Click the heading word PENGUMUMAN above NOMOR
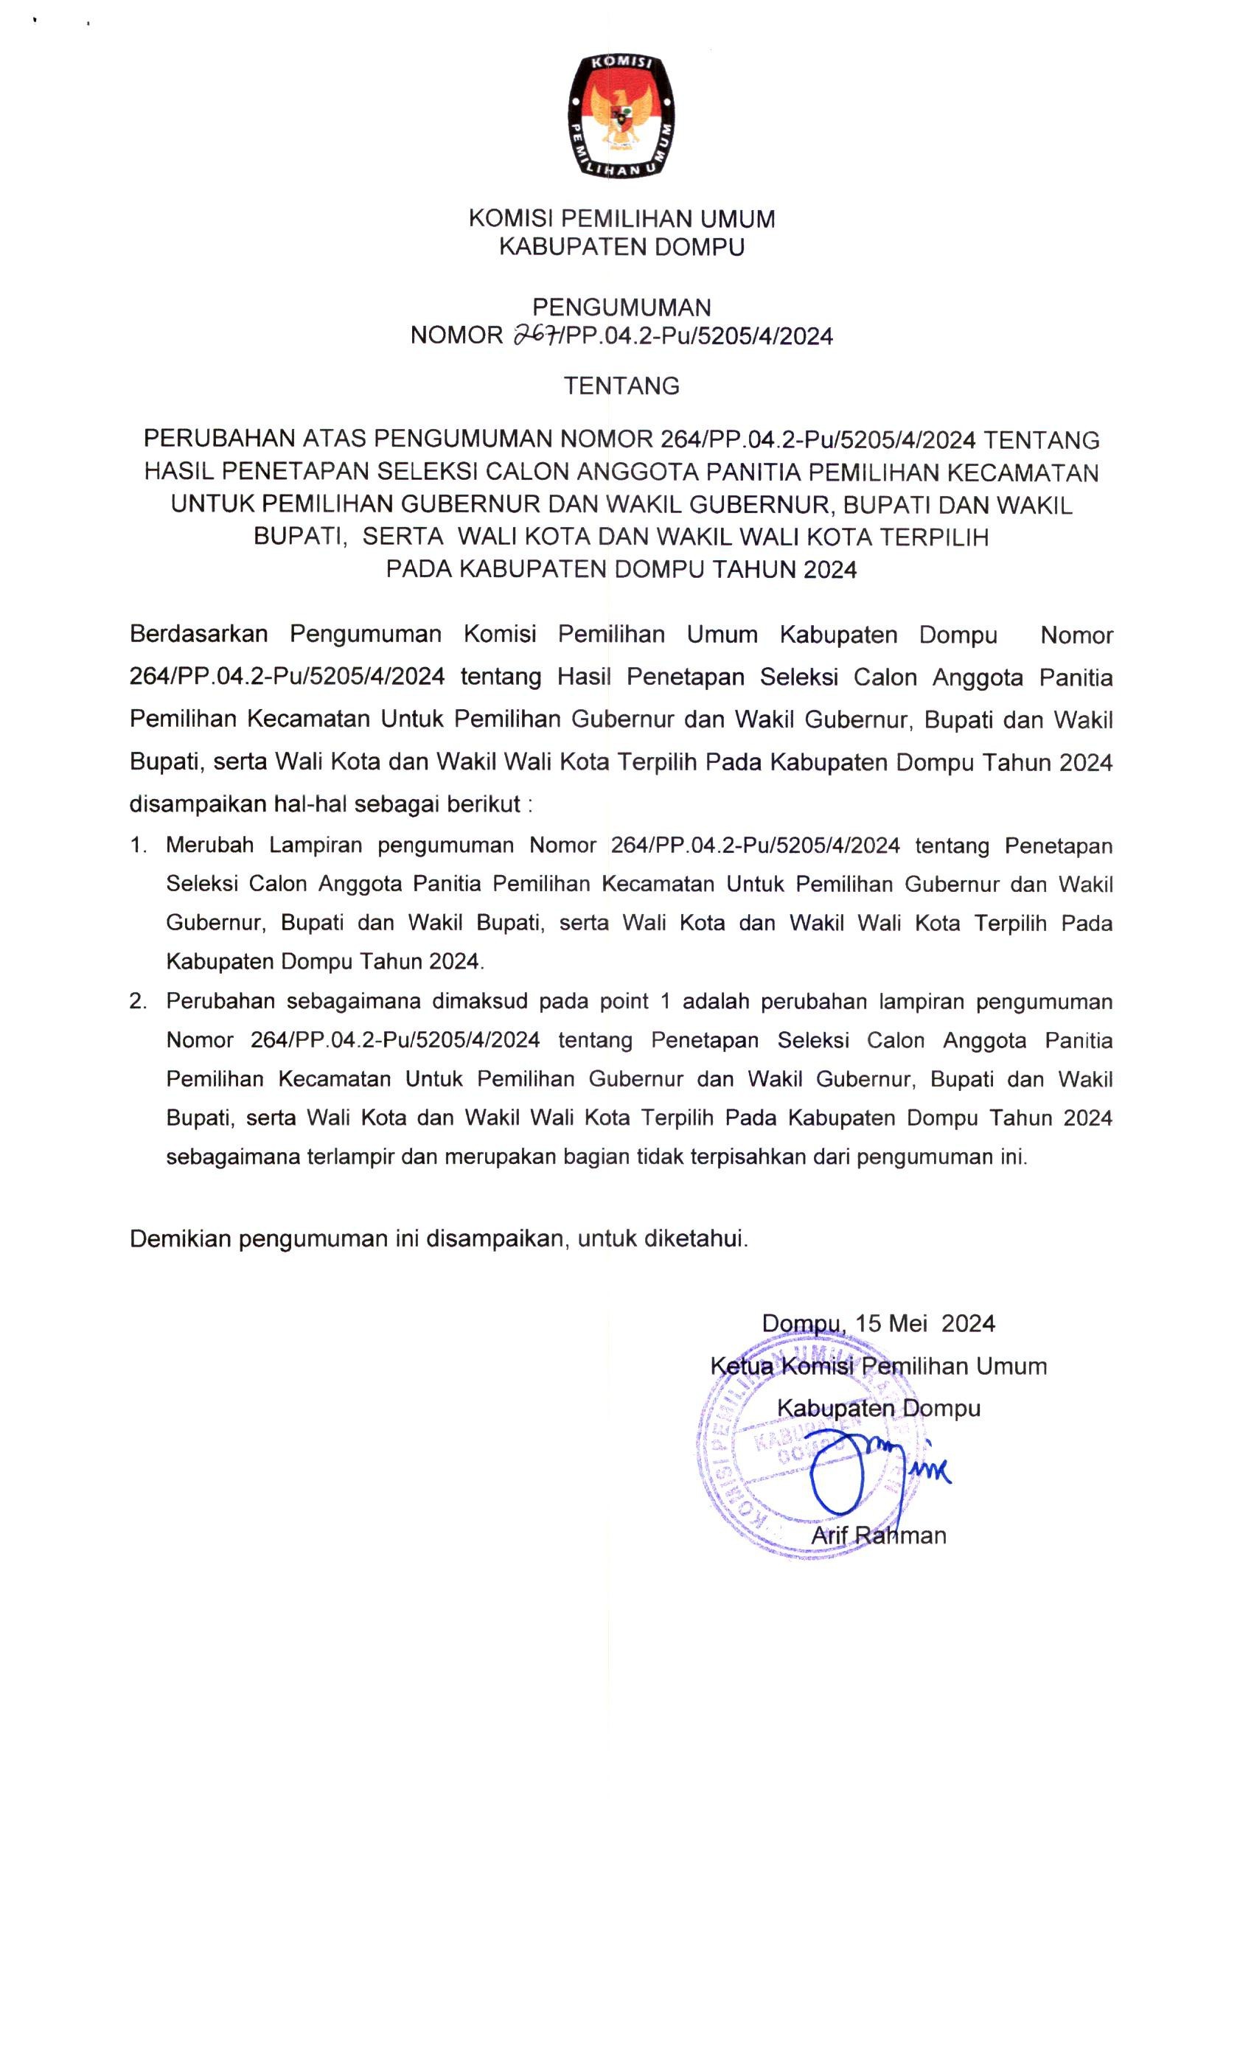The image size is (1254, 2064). point(621,307)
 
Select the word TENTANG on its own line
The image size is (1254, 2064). point(621,386)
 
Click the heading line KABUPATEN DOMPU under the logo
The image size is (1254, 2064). point(621,247)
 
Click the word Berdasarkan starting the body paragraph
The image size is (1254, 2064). point(198,634)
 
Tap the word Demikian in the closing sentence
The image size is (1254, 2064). point(179,1239)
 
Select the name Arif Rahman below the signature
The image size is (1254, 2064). point(878,1535)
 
